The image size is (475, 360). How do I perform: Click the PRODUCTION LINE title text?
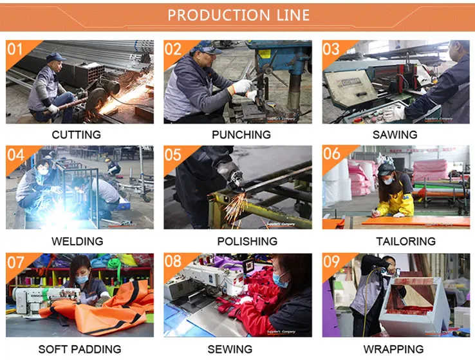click(238, 15)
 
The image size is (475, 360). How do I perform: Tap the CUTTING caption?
click(77, 135)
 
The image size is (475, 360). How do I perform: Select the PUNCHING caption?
click(241, 135)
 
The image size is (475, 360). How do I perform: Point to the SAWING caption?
click(395, 135)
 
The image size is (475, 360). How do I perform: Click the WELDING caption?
click(77, 242)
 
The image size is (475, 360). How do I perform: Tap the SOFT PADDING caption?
click(79, 349)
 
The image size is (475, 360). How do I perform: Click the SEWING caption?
click(230, 349)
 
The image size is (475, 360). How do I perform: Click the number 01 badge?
click(15, 49)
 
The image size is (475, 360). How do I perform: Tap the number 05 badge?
click(172, 155)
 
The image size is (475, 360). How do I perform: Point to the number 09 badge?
click(331, 262)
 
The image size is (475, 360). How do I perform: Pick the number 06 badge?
click(331, 155)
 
